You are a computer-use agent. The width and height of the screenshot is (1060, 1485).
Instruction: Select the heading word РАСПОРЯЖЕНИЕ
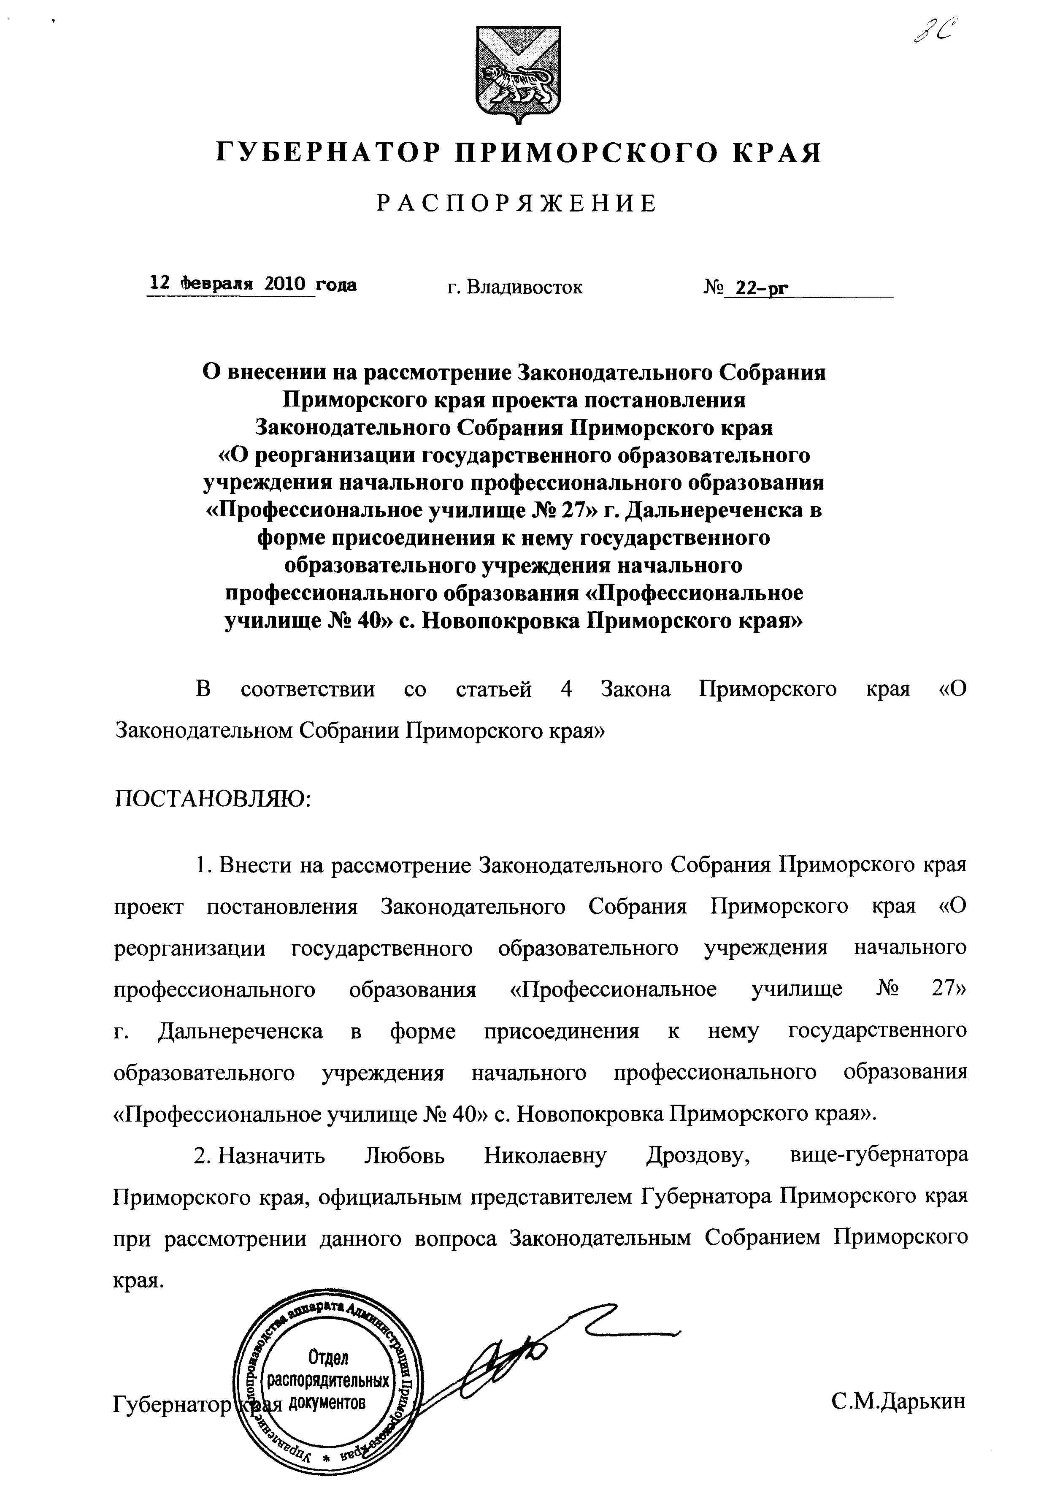click(x=517, y=204)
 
